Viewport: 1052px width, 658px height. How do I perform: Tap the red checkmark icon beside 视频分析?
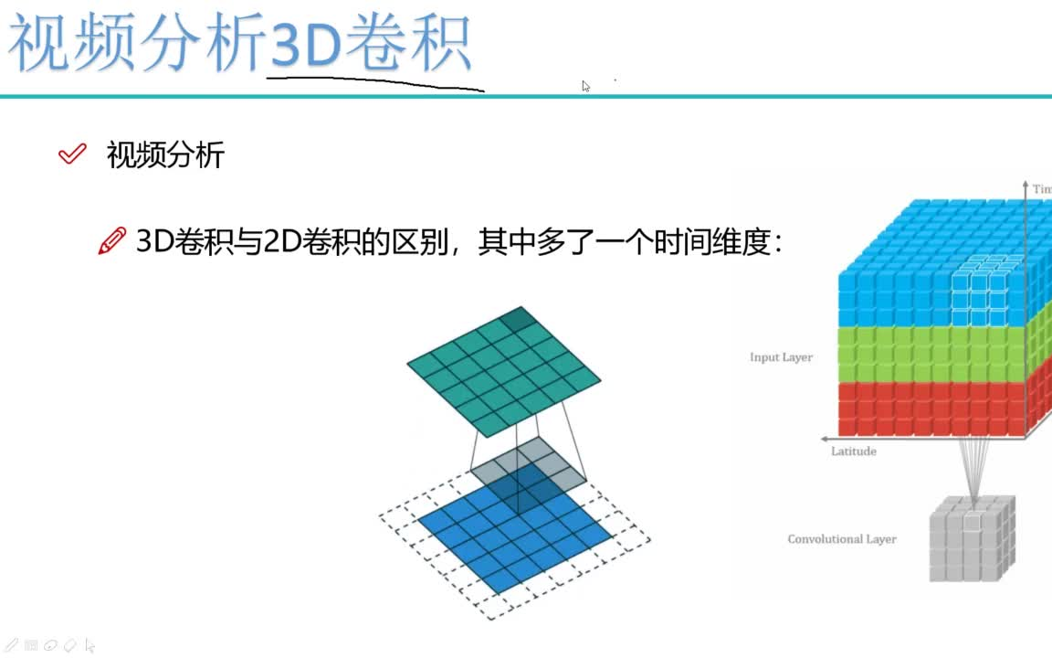coord(71,154)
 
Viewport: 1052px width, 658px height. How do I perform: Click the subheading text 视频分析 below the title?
coord(165,154)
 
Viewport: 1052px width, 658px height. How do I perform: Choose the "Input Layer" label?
coord(781,357)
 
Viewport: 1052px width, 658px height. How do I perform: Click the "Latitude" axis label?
coord(853,451)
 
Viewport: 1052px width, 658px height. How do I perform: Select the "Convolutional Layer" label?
coord(841,539)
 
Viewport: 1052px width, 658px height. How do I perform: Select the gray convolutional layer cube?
coord(972,540)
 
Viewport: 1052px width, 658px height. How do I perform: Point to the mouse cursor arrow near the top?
coord(585,86)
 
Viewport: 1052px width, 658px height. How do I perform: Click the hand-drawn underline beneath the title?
coord(374,82)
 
